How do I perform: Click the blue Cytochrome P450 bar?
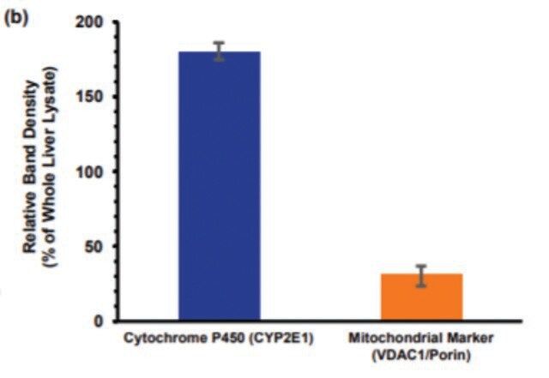219,189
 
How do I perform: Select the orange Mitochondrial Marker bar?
421,298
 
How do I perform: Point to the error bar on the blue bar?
219,51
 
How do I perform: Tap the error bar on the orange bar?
421,275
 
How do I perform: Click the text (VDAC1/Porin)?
420,352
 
